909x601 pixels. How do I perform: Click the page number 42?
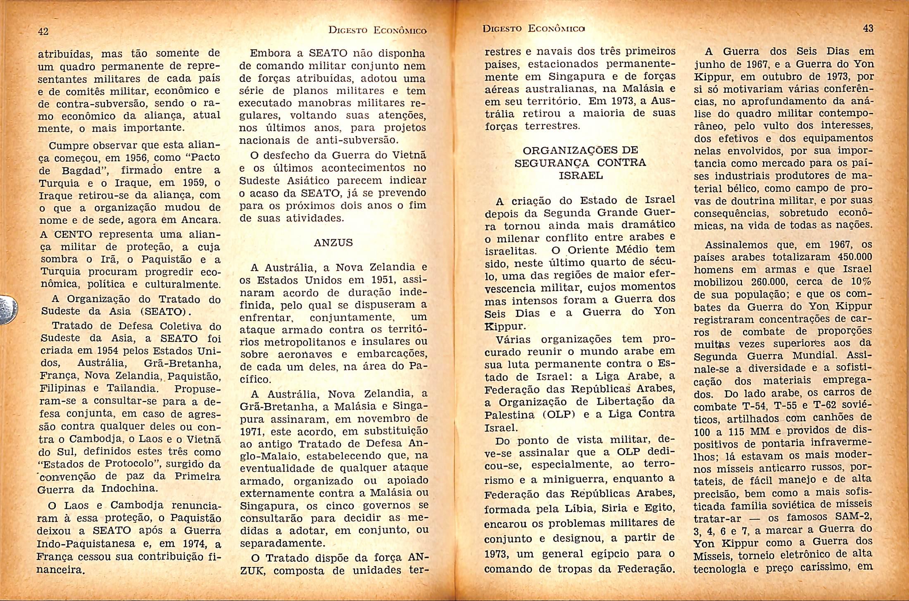(x=43, y=31)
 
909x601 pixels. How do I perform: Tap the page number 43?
(x=868, y=28)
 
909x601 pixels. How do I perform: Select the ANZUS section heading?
(x=333, y=243)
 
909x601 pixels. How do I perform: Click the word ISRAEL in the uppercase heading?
(x=581, y=176)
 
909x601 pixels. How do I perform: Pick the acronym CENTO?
(x=73, y=234)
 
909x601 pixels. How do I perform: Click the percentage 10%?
(x=861, y=282)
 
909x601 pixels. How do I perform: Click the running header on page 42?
(x=377, y=30)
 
